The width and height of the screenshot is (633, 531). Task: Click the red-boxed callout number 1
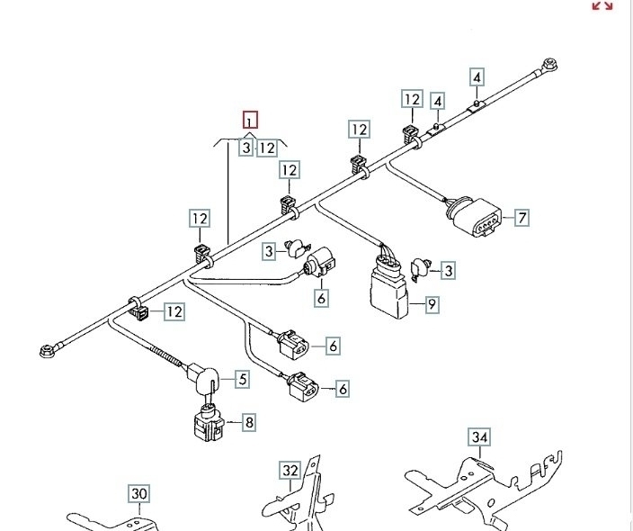(x=251, y=120)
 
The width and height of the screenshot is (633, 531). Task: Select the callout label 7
(x=522, y=217)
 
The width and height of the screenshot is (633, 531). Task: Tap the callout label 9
(x=432, y=304)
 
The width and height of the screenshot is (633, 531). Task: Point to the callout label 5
(x=243, y=380)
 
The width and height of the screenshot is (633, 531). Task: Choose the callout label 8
(x=248, y=420)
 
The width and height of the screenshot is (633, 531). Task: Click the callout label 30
(x=138, y=493)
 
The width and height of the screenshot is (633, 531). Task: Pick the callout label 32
(x=290, y=470)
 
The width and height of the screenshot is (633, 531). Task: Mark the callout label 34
(x=481, y=438)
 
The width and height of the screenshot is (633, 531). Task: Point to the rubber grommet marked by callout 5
(x=204, y=377)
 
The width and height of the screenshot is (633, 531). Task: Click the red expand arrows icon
(x=602, y=5)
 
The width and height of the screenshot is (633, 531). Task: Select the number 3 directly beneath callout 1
(x=245, y=148)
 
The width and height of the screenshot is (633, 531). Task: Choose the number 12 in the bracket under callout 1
(x=267, y=148)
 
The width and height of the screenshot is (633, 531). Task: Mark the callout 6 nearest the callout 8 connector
(x=342, y=389)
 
